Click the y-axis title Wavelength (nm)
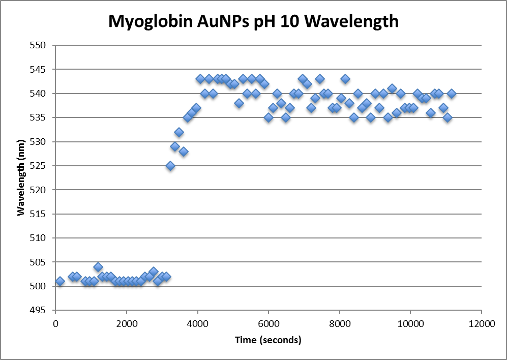[x=21, y=177]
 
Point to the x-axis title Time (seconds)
[x=268, y=340]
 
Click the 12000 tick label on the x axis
[x=482, y=324]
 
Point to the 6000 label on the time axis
[x=269, y=324]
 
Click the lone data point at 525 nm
[x=170, y=166]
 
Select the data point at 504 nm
[x=98, y=267]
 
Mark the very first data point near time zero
[x=60, y=281]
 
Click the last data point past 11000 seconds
[x=452, y=94]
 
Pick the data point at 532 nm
[x=179, y=132]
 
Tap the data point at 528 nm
[x=184, y=152]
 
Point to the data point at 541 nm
[x=392, y=88]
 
